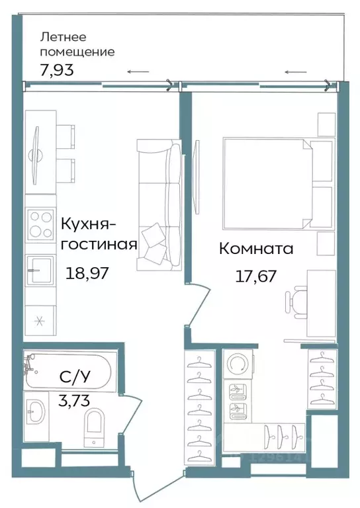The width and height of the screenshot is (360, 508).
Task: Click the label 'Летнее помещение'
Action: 77,44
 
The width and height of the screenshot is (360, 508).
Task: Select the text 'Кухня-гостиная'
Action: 99,233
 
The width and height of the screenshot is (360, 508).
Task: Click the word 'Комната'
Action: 255,249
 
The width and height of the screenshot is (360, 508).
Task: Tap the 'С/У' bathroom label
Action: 74,378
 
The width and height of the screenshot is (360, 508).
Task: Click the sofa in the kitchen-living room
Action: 159,205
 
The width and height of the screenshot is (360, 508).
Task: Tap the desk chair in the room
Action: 296,300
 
